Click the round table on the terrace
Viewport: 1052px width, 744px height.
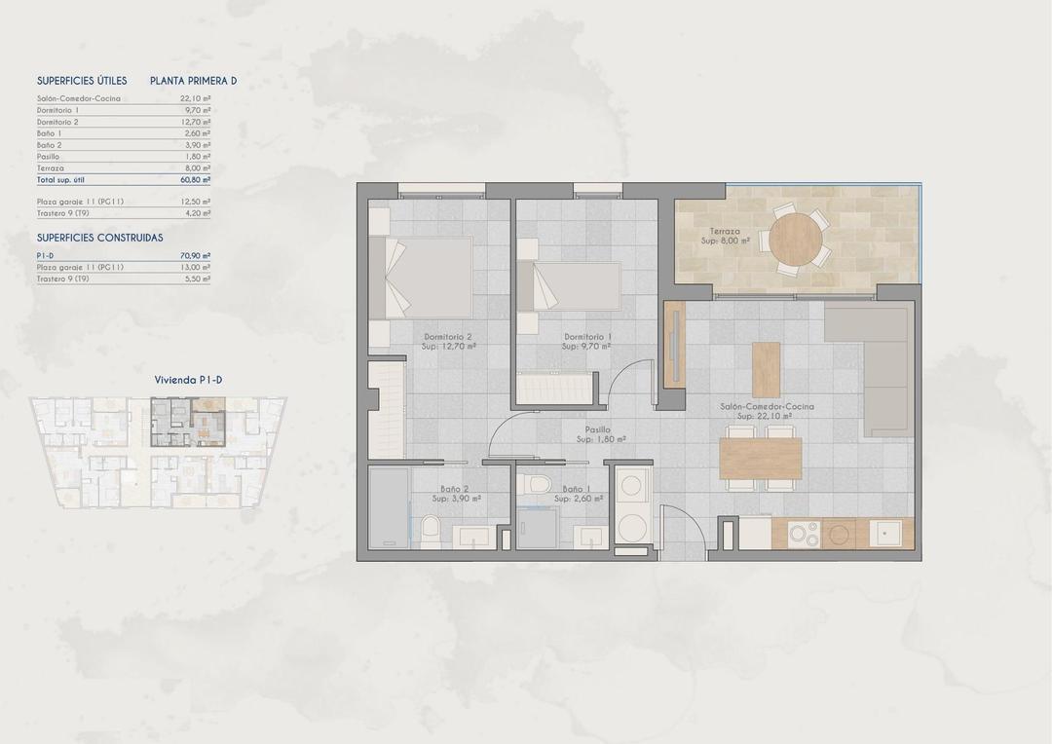click(796, 238)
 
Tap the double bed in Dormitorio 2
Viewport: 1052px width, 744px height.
click(429, 277)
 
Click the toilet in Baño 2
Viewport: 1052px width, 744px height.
click(430, 530)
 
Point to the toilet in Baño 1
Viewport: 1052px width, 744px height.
click(537, 484)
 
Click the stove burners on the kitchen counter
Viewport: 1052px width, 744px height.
click(804, 534)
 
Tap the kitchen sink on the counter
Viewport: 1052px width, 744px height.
click(887, 533)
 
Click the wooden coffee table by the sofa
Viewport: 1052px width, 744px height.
click(766, 369)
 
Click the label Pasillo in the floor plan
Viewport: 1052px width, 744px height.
click(597, 428)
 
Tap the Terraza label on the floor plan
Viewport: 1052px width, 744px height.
click(724, 230)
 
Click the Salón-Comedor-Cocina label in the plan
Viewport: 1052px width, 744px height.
click(768, 406)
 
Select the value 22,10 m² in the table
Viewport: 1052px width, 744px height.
click(195, 98)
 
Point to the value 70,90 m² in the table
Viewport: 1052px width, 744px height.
click(195, 255)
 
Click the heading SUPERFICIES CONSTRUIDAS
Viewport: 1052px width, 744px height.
click(99, 238)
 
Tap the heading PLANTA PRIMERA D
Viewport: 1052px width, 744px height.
click(193, 81)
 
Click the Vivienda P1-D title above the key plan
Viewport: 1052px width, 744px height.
click(189, 381)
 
